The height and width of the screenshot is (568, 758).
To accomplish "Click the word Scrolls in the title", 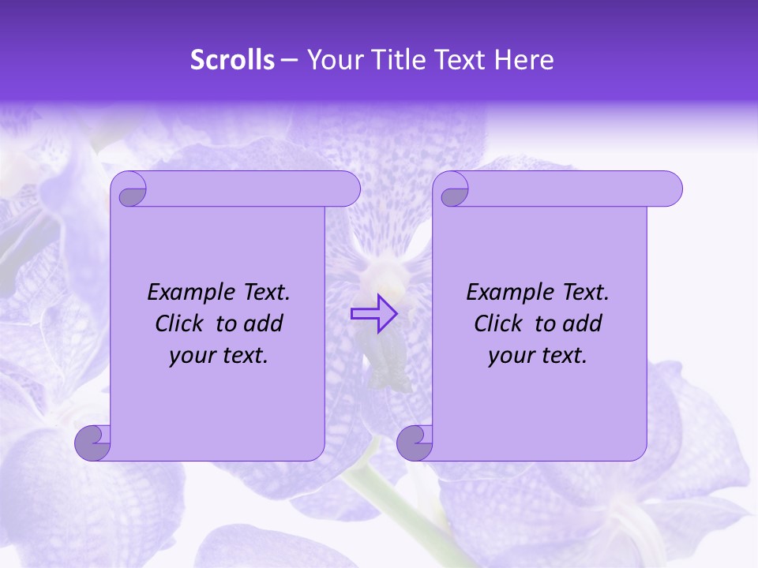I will coord(232,60).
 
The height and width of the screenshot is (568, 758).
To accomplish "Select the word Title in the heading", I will coord(400,60).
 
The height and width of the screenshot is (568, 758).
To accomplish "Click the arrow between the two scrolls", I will coord(373,314).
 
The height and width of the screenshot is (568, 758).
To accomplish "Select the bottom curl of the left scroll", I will coord(92,443).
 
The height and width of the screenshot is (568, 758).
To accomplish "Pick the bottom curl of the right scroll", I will coord(415,443).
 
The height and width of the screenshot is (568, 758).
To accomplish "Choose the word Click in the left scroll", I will coord(172,324).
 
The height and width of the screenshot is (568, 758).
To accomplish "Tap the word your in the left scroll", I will coord(189,357).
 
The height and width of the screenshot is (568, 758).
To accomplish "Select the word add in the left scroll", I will coord(263,324).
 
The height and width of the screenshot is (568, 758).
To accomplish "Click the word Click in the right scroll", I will coord(491,324).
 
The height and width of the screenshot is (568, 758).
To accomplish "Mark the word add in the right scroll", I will coord(582,324).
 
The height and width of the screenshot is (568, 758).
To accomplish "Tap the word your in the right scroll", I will coord(508,357).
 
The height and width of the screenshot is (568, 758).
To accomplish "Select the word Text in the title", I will coord(461,60).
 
